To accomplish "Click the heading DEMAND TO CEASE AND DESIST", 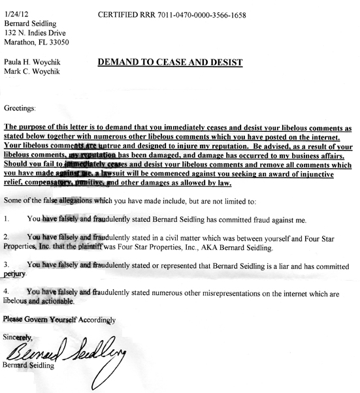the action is (x=170, y=63).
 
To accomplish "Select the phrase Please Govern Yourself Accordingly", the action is (x=59, y=320).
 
